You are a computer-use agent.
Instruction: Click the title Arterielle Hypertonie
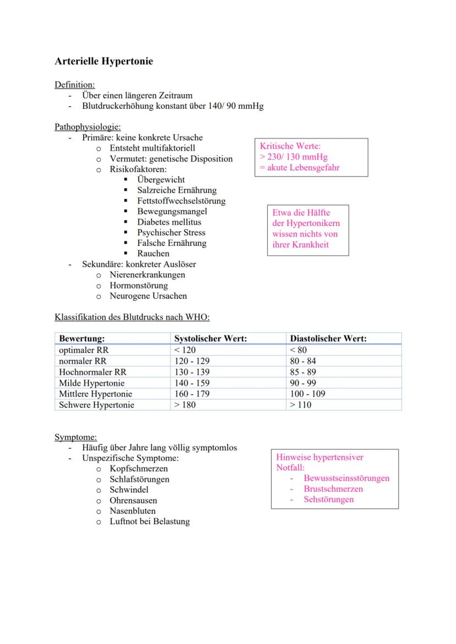click(104, 62)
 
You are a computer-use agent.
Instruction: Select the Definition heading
click(74, 85)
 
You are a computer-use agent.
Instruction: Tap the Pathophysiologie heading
click(88, 127)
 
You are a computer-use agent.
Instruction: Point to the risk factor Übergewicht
click(161, 180)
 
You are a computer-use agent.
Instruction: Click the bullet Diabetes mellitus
click(169, 222)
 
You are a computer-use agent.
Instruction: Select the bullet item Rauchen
click(153, 254)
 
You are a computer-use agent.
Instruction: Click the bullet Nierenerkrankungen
click(147, 274)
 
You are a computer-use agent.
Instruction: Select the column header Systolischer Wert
click(210, 339)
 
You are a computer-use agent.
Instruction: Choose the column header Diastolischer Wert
click(328, 339)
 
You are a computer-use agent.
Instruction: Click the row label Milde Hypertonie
click(91, 383)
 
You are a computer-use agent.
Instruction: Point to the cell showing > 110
click(300, 405)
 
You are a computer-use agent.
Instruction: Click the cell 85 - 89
click(303, 372)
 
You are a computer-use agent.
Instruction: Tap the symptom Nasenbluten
click(132, 511)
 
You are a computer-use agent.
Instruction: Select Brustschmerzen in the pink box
click(333, 489)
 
